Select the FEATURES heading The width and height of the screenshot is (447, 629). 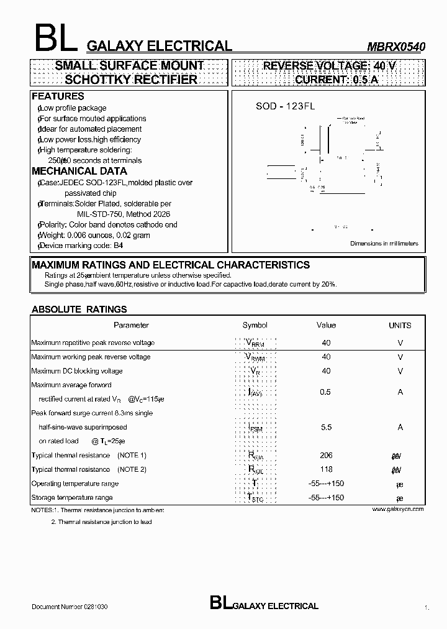pos(58,96)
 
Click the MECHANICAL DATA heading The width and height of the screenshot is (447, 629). pos(79,171)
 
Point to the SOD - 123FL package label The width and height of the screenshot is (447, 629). pos(286,106)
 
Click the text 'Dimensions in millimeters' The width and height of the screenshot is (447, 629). pos(384,244)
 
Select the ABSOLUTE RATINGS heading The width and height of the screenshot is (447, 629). pos(79,309)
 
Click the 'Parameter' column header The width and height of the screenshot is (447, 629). pos(131,325)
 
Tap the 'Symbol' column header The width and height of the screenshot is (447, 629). pos(255,325)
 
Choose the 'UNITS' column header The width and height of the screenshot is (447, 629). pos(400,325)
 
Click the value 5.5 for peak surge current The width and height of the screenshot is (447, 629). pos(326,427)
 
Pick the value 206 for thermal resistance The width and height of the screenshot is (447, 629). pos(326,455)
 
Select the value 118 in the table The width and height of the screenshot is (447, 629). pos(326,469)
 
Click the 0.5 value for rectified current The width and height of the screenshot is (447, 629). pos(325,392)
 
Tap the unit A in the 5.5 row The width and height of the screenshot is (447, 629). pos(400,427)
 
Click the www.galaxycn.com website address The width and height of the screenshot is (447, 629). pos(398,509)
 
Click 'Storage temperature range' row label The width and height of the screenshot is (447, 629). pos(72,498)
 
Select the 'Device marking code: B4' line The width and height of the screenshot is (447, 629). pos(81,246)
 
